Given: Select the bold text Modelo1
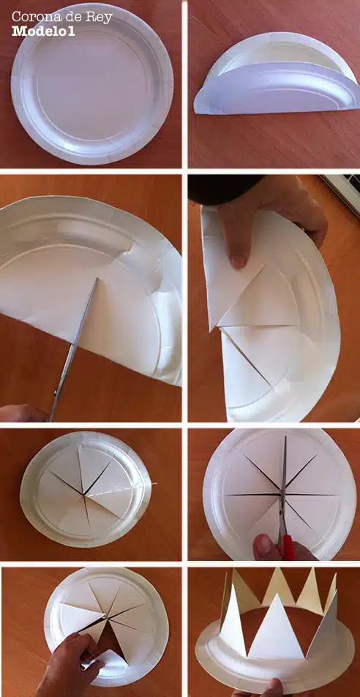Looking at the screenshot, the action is pos(43,31).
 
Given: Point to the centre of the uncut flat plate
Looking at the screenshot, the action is pos(92,83).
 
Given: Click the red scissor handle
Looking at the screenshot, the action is pos(288,547).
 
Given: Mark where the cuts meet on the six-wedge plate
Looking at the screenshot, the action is pos(83,494).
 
